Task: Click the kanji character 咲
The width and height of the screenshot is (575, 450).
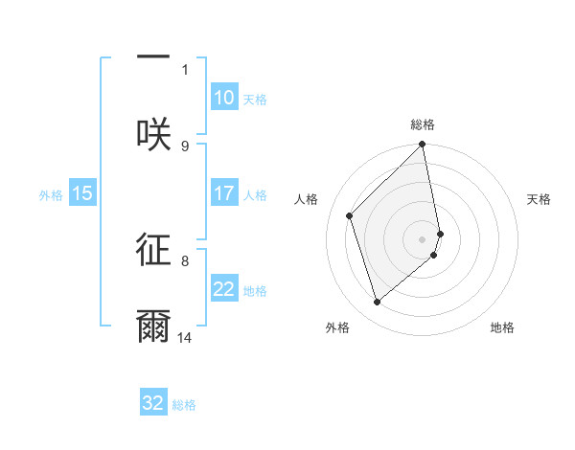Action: pyautogui.click(x=153, y=135)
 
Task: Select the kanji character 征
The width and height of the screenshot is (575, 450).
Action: pyautogui.click(x=153, y=250)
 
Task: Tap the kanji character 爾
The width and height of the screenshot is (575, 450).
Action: pyautogui.click(x=153, y=326)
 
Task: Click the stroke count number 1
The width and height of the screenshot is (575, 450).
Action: pyautogui.click(x=185, y=69)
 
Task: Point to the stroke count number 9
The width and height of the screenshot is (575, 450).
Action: pyautogui.click(x=185, y=146)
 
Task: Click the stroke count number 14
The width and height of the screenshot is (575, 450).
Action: pyautogui.click(x=185, y=337)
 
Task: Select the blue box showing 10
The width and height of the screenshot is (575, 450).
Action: pyautogui.click(x=224, y=98)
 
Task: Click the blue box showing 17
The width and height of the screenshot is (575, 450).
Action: pyautogui.click(x=224, y=193)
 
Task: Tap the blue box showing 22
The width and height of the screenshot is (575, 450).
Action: pyautogui.click(x=224, y=289)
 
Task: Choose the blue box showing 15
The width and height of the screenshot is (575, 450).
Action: pyautogui.click(x=82, y=193)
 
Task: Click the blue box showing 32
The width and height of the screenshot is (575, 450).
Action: pyautogui.click(x=153, y=403)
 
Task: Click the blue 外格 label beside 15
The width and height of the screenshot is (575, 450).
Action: pyautogui.click(x=51, y=194)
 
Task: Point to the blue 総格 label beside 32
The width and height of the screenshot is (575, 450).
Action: pyautogui.click(x=184, y=405)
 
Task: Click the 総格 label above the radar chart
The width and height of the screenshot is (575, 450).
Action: pyautogui.click(x=423, y=125)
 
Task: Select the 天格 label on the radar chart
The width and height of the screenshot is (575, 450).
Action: pyautogui.click(x=540, y=199)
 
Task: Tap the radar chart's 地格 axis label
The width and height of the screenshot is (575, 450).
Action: pyautogui.click(x=502, y=328)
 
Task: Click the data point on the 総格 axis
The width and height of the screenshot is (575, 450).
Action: pyautogui.click(x=423, y=146)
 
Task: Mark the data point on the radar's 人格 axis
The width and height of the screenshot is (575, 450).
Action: pyautogui.click(x=350, y=215)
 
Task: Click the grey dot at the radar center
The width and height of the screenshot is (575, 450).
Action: pyautogui.click(x=423, y=238)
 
